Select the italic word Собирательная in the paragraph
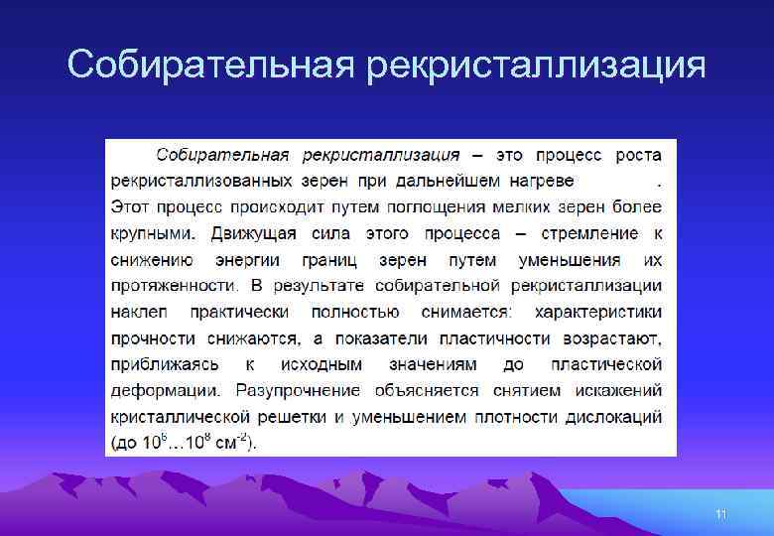point(222,156)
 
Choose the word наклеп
point(139,313)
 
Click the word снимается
point(466,313)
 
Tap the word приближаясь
point(165,364)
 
